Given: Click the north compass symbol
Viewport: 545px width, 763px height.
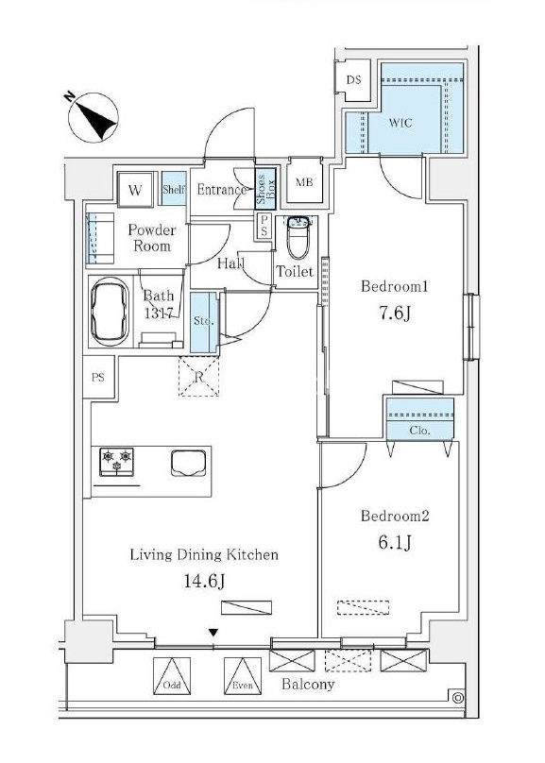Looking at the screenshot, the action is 93,117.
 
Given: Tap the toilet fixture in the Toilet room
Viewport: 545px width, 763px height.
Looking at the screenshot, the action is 298,237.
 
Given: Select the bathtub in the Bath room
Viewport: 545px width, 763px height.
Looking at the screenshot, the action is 110,312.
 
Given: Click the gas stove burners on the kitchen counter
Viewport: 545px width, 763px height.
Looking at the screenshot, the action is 116,462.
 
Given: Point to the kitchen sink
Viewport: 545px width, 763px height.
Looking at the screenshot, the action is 188,463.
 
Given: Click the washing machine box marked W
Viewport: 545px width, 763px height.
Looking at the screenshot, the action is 135,190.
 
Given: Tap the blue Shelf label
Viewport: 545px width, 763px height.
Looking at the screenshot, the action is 174,189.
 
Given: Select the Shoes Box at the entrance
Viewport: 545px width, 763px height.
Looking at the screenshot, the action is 265,189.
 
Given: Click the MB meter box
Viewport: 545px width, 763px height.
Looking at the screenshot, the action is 305,182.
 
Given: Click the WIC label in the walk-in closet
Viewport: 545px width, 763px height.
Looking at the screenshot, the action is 400,123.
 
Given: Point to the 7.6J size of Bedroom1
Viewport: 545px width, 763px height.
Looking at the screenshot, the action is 395,314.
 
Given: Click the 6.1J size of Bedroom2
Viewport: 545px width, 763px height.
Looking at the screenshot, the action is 395,542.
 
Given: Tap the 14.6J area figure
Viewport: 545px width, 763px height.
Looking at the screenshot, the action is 204,581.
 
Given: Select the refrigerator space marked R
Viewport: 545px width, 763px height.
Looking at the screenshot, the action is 198,376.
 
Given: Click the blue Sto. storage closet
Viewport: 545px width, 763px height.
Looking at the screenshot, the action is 203,322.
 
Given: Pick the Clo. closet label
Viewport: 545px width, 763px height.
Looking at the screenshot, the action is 420,431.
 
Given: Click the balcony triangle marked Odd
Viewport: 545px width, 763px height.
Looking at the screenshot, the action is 172,676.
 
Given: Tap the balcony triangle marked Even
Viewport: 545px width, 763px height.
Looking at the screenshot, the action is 243,676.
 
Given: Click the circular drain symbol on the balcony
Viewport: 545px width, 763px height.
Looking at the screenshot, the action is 457,698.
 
